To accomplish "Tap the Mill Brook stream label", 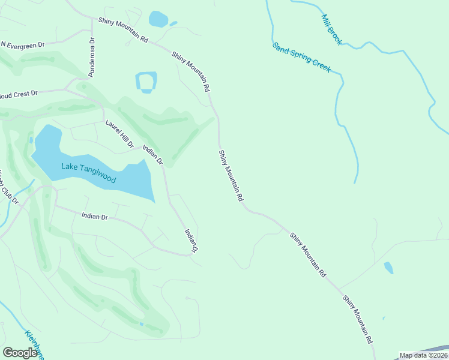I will pyautogui.click(x=331, y=30).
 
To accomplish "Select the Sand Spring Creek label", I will pyautogui.click(x=301, y=58).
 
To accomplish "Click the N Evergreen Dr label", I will pyautogui.click(x=23, y=45).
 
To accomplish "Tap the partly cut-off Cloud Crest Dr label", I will pyautogui.click(x=19, y=94).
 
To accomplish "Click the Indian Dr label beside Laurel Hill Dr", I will pyautogui.click(x=152, y=152).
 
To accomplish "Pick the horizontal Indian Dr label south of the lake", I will pyautogui.click(x=94, y=216).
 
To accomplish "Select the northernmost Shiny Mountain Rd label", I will pyautogui.click(x=123, y=30).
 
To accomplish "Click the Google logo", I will pyautogui.click(x=20, y=353).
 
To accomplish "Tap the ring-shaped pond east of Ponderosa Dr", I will pyautogui.click(x=146, y=82).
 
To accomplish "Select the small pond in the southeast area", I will pyautogui.click(x=388, y=268).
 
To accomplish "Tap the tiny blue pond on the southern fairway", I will pyautogui.click(x=142, y=324).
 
